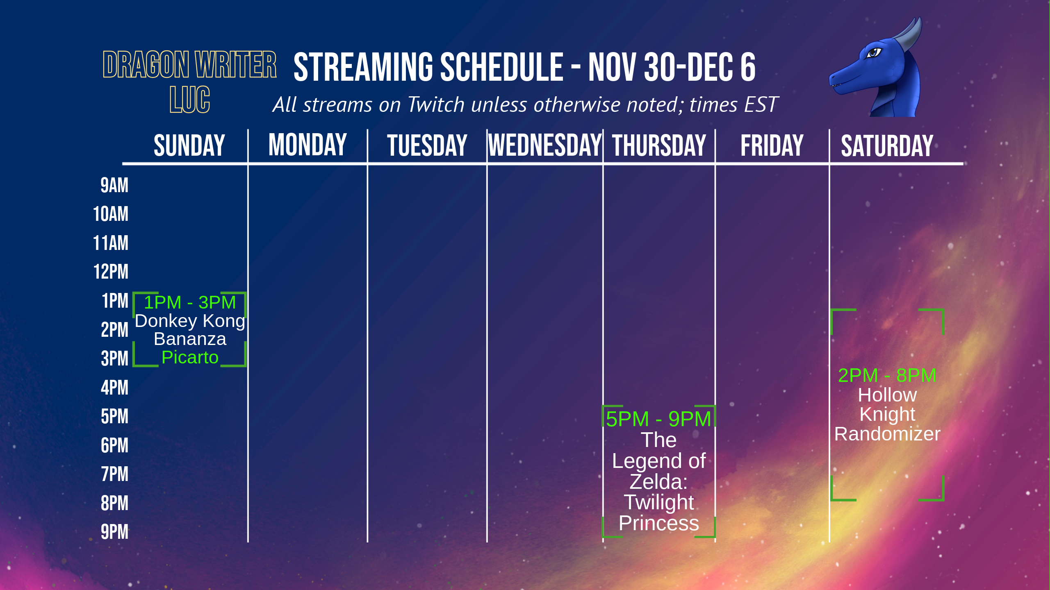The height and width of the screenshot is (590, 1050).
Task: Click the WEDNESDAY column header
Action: click(544, 145)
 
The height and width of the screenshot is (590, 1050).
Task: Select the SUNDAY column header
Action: click(189, 145)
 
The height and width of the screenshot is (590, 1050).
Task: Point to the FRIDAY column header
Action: click(772, 145)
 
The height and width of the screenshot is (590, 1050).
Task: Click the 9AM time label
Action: click(114, 185)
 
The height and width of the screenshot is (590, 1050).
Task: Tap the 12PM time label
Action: click(111, 272)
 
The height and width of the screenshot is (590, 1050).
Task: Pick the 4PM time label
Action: click(114, 388)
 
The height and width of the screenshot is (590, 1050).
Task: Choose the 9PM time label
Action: click(114, 532)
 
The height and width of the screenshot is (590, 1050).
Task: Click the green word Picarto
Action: click(190, 357)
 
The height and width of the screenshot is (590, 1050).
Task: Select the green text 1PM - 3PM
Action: click(190, 302)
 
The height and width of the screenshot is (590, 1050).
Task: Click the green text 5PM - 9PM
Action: click(658, 419)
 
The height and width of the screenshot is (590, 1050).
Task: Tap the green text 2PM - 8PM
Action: click(887, 375)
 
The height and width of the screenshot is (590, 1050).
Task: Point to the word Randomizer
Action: click(887, 434)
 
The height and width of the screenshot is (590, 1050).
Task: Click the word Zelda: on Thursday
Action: click(658, 481)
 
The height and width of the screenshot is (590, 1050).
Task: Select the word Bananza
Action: click(190, 339)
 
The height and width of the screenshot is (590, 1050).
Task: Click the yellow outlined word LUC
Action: click(190, 100)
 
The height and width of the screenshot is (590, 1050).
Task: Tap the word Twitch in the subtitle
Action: click(436, 104)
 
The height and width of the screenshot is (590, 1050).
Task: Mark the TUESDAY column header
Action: click(427, 145)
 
